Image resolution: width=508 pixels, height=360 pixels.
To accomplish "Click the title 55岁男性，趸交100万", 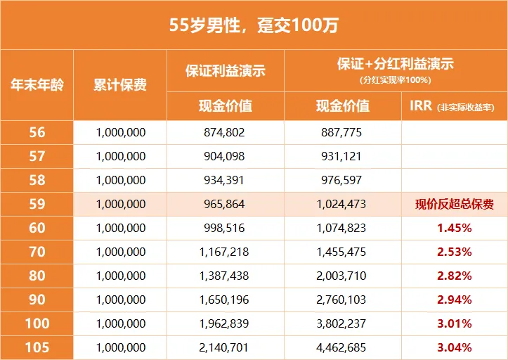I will pos(254,26).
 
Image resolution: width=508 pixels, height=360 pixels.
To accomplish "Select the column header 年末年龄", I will pos(37,86).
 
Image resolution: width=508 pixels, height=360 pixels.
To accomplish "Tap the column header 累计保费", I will pos(120,86).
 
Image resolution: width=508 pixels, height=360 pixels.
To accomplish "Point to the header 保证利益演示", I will pos(225,71).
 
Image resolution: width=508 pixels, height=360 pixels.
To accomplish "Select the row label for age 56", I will pos(37,132).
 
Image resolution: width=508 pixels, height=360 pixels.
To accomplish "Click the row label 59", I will pos(37,205).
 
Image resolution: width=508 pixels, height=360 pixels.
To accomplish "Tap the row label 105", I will pos(37,347).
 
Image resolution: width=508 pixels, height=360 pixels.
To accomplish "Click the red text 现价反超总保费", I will pos(453,205).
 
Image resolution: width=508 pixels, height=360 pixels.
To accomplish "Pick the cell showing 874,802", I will pos(225,132).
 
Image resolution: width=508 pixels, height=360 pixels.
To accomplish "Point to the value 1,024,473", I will pos(342,205).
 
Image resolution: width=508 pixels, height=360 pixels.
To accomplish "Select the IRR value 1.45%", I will pos(453,229).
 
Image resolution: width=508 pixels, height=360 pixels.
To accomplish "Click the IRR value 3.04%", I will pos(453,347).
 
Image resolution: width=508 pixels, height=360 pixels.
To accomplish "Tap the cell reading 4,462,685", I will pos(342,347).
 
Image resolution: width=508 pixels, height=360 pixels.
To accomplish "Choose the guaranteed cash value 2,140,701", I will pos(225,347).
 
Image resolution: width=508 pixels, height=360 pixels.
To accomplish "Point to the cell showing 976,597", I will pos(342,180).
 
